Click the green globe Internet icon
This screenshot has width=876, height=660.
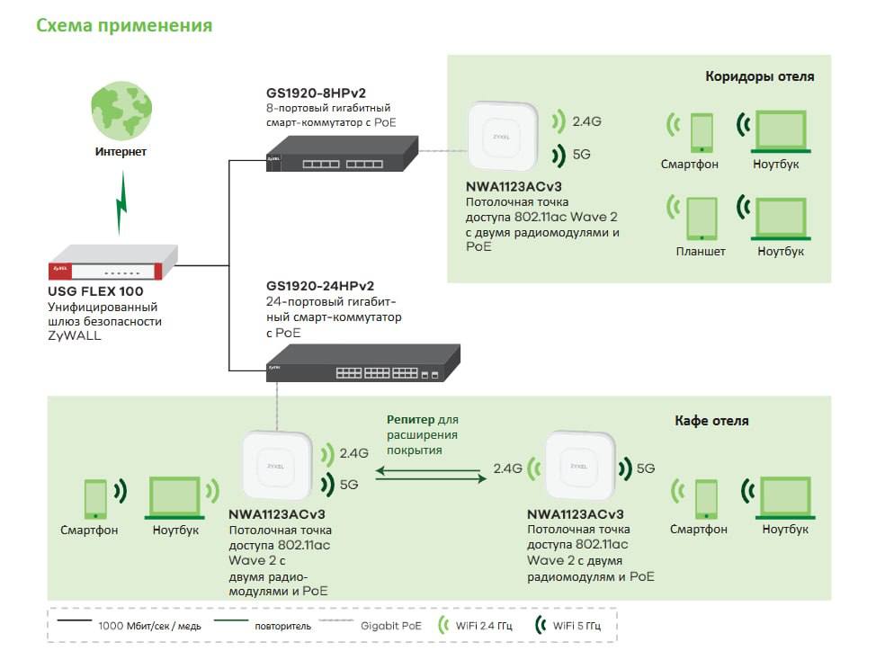121,110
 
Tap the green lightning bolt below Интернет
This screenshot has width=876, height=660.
121,202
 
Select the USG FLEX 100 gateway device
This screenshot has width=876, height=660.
113,262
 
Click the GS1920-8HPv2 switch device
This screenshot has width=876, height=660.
342,154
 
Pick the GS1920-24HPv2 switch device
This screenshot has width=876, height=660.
363,363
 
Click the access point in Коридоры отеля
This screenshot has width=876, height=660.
502,136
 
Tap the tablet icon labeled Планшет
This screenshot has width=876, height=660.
702,219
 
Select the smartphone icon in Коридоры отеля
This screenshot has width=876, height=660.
702,133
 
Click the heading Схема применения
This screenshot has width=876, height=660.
124,26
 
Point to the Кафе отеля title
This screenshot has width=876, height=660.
711,421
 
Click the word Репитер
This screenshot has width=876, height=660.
410,419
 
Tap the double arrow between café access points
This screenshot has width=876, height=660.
431,475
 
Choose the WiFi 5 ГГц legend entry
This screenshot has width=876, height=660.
568,625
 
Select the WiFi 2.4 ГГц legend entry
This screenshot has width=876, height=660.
475,625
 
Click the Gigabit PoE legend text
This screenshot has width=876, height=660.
390,626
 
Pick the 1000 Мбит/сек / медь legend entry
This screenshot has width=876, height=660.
129,625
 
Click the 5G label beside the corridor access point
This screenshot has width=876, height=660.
582,155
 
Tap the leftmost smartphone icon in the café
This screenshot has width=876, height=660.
95,499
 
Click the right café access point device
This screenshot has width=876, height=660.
579,466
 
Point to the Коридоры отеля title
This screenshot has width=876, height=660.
759,76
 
